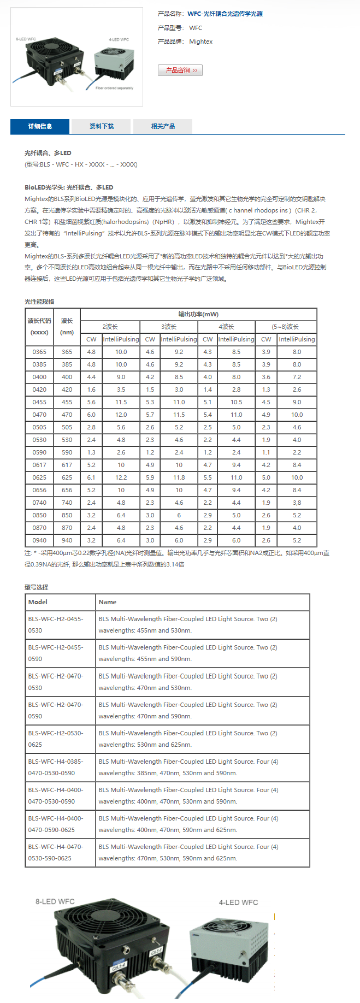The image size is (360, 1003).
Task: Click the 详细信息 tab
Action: (40, 126)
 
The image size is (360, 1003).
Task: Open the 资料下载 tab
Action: (101, 126)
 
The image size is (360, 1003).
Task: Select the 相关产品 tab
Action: (163, 126)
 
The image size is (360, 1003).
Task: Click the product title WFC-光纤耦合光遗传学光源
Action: (225, 14)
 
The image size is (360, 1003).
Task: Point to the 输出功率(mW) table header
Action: (198, 314)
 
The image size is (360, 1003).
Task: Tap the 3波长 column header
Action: (169, 327)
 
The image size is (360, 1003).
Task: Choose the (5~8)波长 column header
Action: (285, 327)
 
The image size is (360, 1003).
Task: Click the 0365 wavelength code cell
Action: (39, 352)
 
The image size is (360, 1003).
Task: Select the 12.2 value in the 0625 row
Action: (121, 477)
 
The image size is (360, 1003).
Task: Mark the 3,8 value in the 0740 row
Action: (297, 503)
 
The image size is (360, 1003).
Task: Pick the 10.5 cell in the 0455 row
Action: (236, 402)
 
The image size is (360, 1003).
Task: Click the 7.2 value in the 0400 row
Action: (297, 377)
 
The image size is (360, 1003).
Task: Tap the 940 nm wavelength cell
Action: (67, 540)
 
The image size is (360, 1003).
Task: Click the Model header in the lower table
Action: (38, 602)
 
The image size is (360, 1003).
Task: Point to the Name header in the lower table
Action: (108, 602)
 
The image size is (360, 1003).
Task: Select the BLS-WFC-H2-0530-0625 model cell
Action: (56, 739)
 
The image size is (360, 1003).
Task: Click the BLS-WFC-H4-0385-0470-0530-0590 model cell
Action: (56, 767)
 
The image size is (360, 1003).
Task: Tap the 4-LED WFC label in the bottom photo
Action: (238, 902)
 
